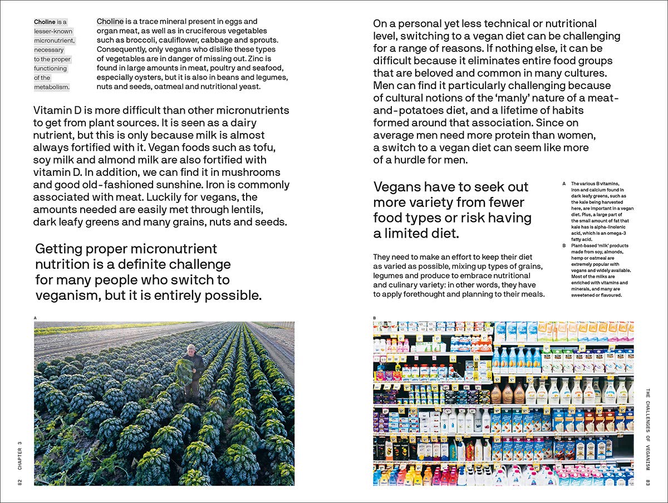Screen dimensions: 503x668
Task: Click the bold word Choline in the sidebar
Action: coord(45,22)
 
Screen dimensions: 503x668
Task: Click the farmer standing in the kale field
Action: coord(191,369)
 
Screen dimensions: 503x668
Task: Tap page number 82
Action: coord(19,482)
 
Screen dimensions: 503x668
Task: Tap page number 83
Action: coord(648,482)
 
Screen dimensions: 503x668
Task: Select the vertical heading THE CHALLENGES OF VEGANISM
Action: coord(648,428)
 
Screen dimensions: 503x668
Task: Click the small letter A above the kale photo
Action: coord(36,318)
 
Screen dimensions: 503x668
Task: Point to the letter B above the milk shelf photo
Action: coord(375,318)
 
